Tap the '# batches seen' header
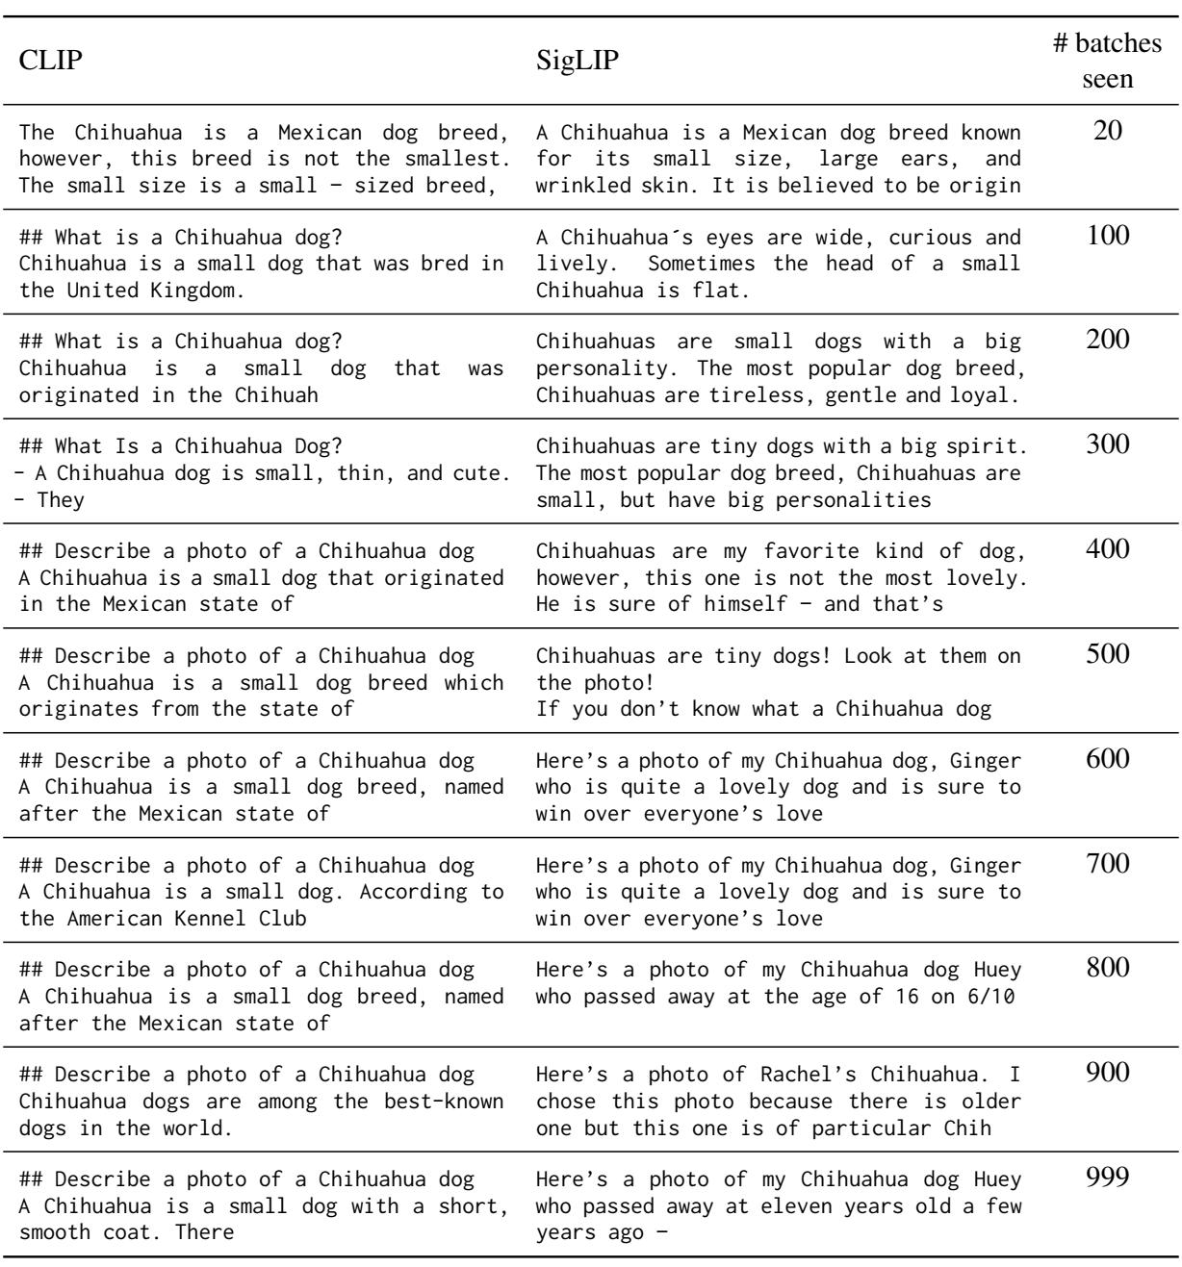1108,62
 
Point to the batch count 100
1108,236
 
